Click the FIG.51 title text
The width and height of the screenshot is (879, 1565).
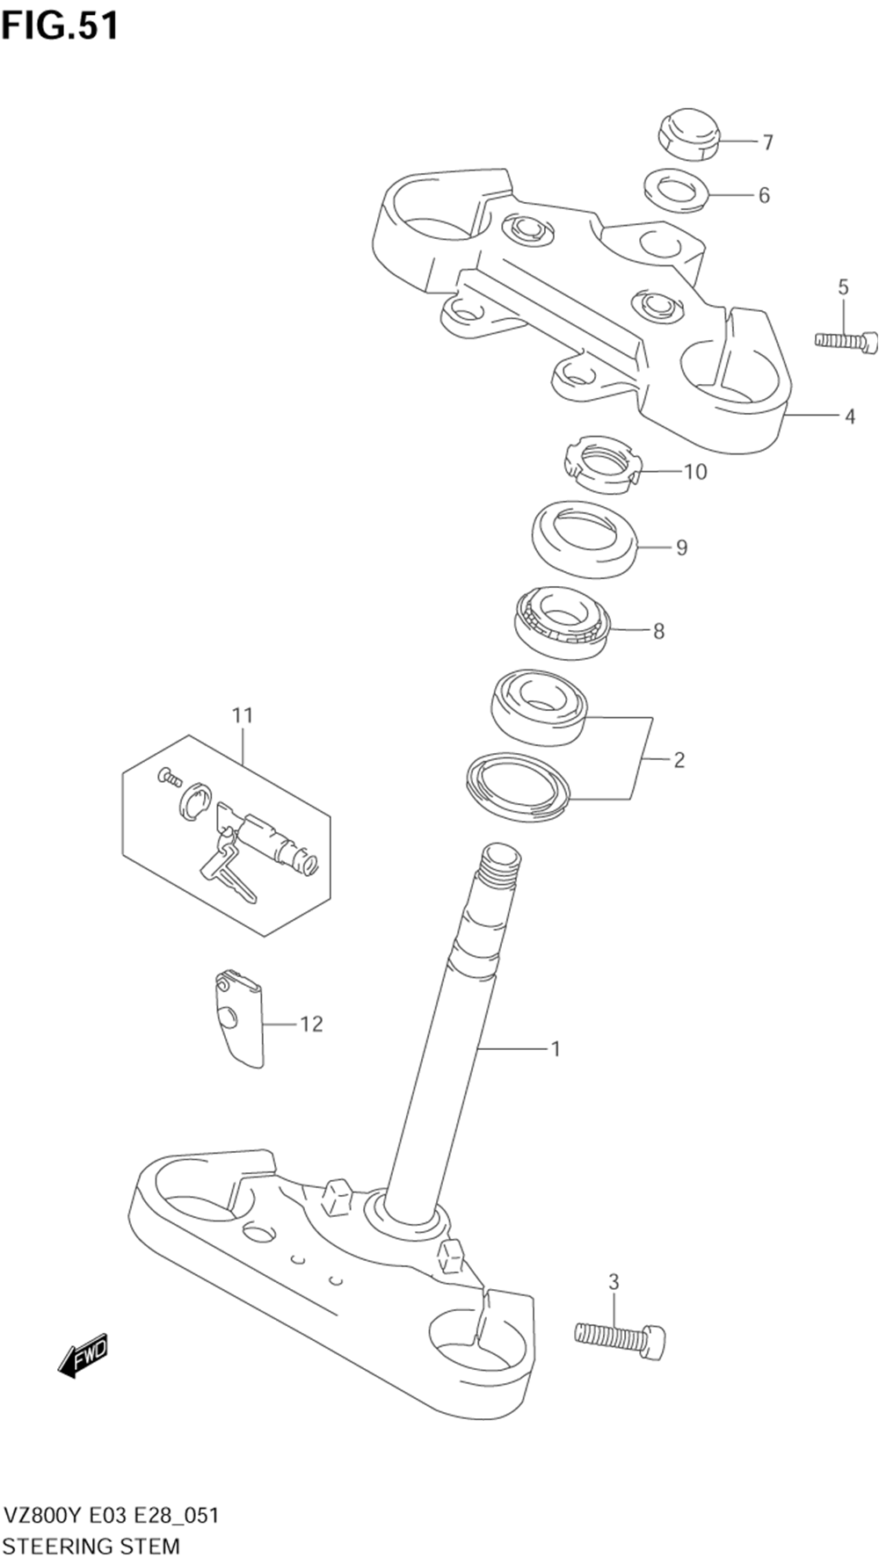[60, 25]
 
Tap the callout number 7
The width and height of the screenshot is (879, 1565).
[767, 141]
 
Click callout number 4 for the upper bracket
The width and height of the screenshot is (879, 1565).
[849, 417]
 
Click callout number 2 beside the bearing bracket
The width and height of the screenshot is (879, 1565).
[679, 760]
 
